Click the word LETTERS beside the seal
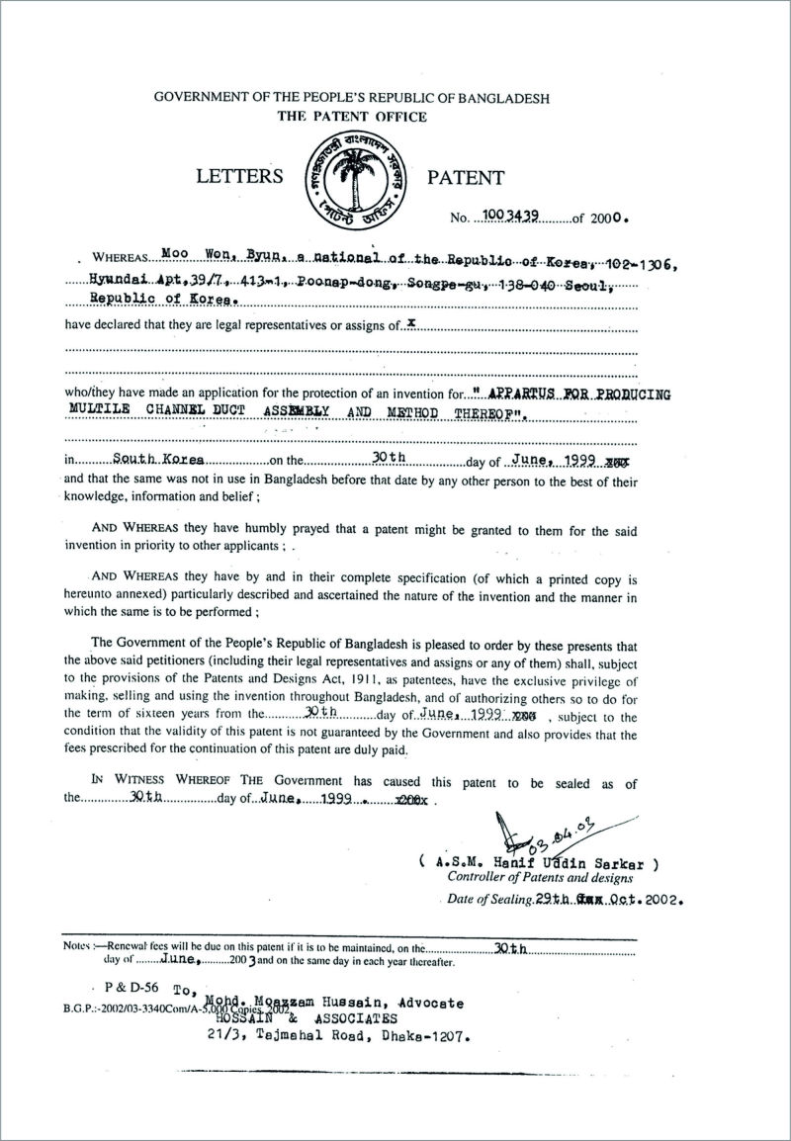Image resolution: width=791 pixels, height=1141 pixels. coord(239,178)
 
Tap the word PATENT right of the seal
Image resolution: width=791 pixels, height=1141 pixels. coord(465,178)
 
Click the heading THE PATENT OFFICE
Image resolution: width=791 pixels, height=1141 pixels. coord(352,117)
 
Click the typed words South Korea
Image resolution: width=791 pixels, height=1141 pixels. coord(158,460)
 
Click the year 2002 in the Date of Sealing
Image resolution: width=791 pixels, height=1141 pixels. coord(660,901)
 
